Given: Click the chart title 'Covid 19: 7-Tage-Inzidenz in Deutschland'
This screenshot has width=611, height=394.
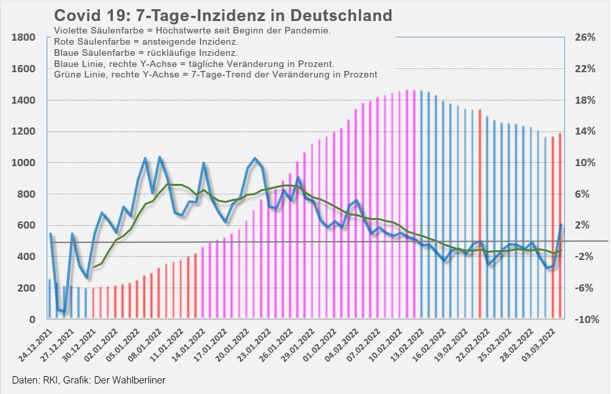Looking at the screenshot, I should (x=223, y=16).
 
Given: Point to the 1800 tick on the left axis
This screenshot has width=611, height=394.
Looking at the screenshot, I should (x=24, y=37).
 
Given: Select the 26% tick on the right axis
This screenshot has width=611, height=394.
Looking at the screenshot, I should (x=584, y=37).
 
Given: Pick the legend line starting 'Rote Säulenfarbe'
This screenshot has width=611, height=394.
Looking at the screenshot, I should (x=146, y=42).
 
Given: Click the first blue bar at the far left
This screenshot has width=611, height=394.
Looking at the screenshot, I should (x=50, y=299).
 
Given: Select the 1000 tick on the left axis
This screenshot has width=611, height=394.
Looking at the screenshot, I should (x=24, y=163).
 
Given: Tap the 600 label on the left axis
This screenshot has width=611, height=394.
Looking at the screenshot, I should (x=27, y=225).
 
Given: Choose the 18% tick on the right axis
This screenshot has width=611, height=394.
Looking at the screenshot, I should (x=584, y=100).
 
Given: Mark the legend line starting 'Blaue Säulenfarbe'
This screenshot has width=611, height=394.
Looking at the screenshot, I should (x=146, y=53).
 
